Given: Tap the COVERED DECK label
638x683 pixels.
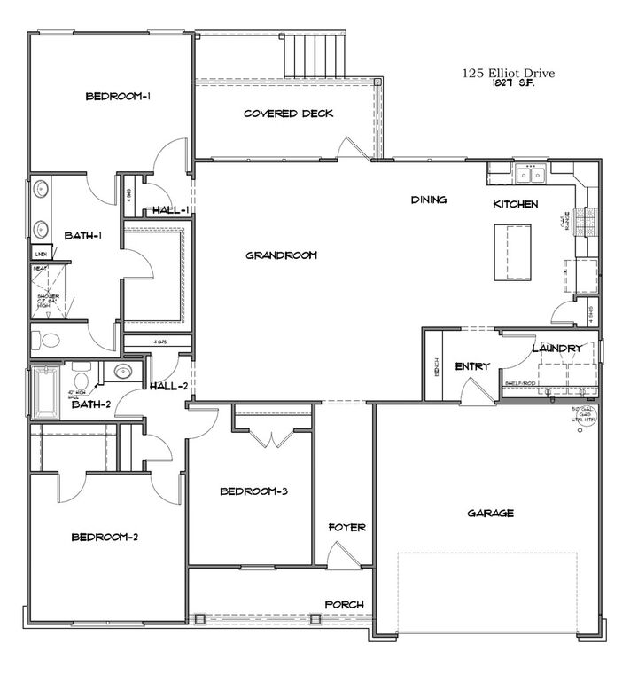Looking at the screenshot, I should (287, 114).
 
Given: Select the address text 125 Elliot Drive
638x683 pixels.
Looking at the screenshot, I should (510, 75).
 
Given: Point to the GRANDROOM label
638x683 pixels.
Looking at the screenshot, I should (281, 255).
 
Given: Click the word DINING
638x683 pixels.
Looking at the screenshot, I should (428, 200).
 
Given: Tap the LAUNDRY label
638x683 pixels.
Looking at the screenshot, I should (557, 349).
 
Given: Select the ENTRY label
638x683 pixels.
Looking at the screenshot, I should (472, 366).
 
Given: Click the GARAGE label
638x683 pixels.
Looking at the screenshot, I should (486, 513).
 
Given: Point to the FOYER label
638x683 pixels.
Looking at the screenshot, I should (346, 528).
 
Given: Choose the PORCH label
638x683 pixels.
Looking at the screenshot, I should (345, 605).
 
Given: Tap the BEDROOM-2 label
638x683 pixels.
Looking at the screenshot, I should (103, 536).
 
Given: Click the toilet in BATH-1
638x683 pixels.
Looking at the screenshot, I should (50, 340).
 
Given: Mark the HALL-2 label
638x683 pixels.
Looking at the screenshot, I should (168, 386).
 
